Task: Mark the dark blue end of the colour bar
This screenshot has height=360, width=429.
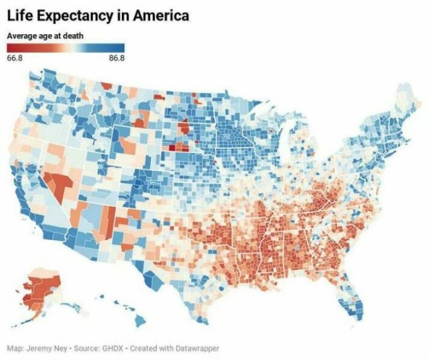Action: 121,48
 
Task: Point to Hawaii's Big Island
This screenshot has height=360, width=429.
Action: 140,321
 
